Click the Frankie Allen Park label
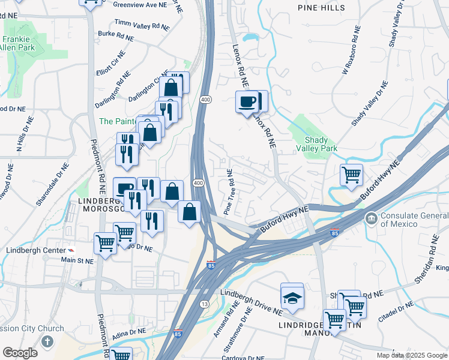pyautogui.click(x=17, y=43)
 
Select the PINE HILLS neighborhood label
pyautogui.click(x=322, y=8)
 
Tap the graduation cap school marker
pyautogui.click(x=292, y=297)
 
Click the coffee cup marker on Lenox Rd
pyautogui.click(x=247, y=103)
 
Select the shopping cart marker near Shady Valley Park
pyautogui.click(x=351, y=175)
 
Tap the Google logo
pyautogui.click(x=20, y=353)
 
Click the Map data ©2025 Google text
pyautogui.click(x=411, y=355)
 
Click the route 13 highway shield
pyautogui.click(x=205, y=305)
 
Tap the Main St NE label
pyautogui.click(x=77, y=260)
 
